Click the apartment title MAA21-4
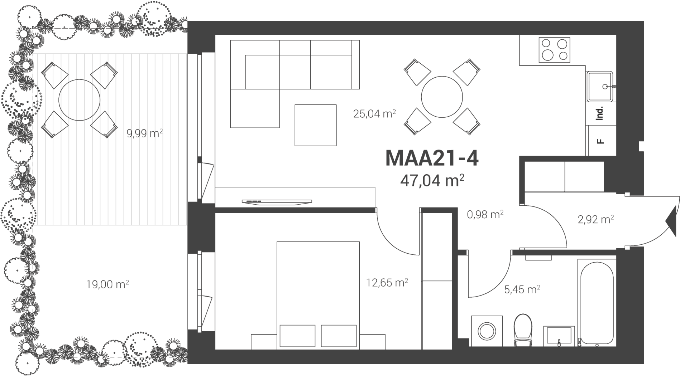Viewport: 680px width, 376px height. coord(432,158)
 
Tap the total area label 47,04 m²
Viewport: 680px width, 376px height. coord(432,180)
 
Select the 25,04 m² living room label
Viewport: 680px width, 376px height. coord(374,114)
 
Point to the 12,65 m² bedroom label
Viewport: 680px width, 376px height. coord(387,283)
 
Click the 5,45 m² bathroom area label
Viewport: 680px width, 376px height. coord(522,289)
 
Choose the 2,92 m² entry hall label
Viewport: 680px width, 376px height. coord(596,219)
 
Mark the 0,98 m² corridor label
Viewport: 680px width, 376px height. coord(485,215)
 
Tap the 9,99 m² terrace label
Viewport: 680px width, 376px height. coord(145,133)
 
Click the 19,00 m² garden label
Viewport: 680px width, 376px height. coord(107,284)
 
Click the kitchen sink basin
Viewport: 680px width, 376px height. coord(600,86)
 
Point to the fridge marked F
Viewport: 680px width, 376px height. coord(601,141)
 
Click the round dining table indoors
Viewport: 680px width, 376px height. coord(442,97)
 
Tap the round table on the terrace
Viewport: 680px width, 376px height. coord(79,100)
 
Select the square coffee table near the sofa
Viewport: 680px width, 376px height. coord(315,125)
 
